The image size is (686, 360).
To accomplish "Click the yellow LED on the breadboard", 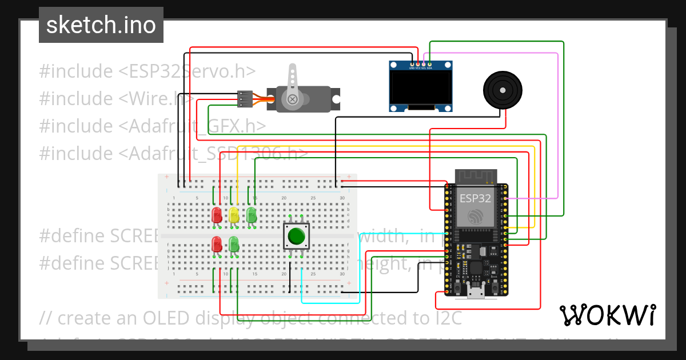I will (234, 215).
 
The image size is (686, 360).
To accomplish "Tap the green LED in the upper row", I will (251, 215).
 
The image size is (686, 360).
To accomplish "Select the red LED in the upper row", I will (217, 215).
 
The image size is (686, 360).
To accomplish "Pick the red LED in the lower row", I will (217, 244).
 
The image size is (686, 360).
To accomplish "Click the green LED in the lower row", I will (234, 244).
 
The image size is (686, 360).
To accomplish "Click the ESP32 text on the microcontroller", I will (474, 199).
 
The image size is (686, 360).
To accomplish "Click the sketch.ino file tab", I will (101, 25).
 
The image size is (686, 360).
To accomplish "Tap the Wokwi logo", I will (608, 315).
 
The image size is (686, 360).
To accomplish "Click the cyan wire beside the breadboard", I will (360, 269).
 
